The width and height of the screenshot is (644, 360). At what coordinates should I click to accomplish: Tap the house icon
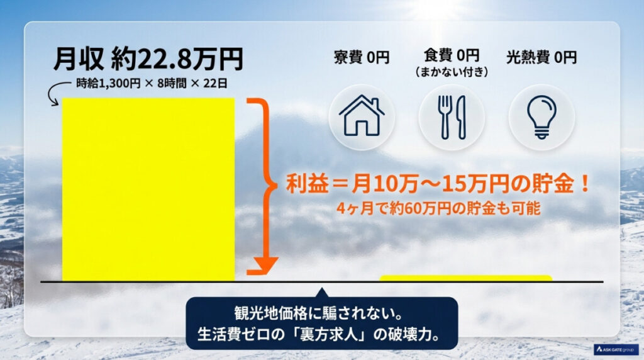pyautogui.click(x=362, y=117)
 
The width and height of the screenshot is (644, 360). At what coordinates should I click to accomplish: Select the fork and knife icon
pyautogui.click(x=452, y=117)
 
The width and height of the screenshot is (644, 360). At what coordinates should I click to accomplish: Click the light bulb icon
pyautogui.click(x=541, y=117)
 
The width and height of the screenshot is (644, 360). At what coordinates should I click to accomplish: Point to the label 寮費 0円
pyautogui.click(x=362, y=58)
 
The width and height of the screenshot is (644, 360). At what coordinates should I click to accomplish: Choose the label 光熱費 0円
pyautogui.click(x=541, y=58)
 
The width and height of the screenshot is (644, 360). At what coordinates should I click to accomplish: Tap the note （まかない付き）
pyautogui.click(x=452, y=72)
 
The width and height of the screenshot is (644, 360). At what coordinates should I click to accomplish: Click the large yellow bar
pyautogui.click(x=148, y=189)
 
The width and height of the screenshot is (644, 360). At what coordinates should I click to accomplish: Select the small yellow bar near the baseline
pyautogui.click(x=465, y=278)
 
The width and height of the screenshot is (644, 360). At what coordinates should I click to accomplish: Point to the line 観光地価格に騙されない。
pyautogui.click(x=321, y=313)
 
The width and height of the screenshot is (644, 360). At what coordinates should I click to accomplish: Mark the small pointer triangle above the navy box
pyautogui.click(x=321, y=293)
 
